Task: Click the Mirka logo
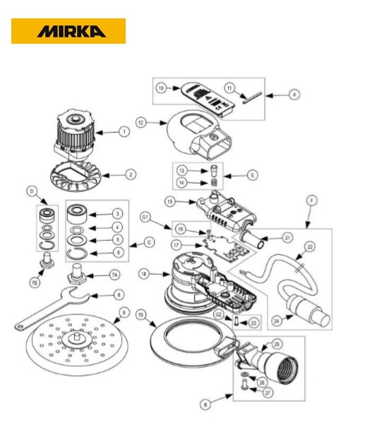tap(68, 31)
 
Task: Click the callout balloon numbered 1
tap(124, 131)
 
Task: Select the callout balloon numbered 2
tap(131, 174)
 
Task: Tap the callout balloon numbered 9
tap(124, 312)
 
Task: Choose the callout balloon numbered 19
tap(140, 316)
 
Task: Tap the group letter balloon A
tap(294, 94)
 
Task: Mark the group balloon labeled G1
tap(145, 216)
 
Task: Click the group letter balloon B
tap(205, 405)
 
